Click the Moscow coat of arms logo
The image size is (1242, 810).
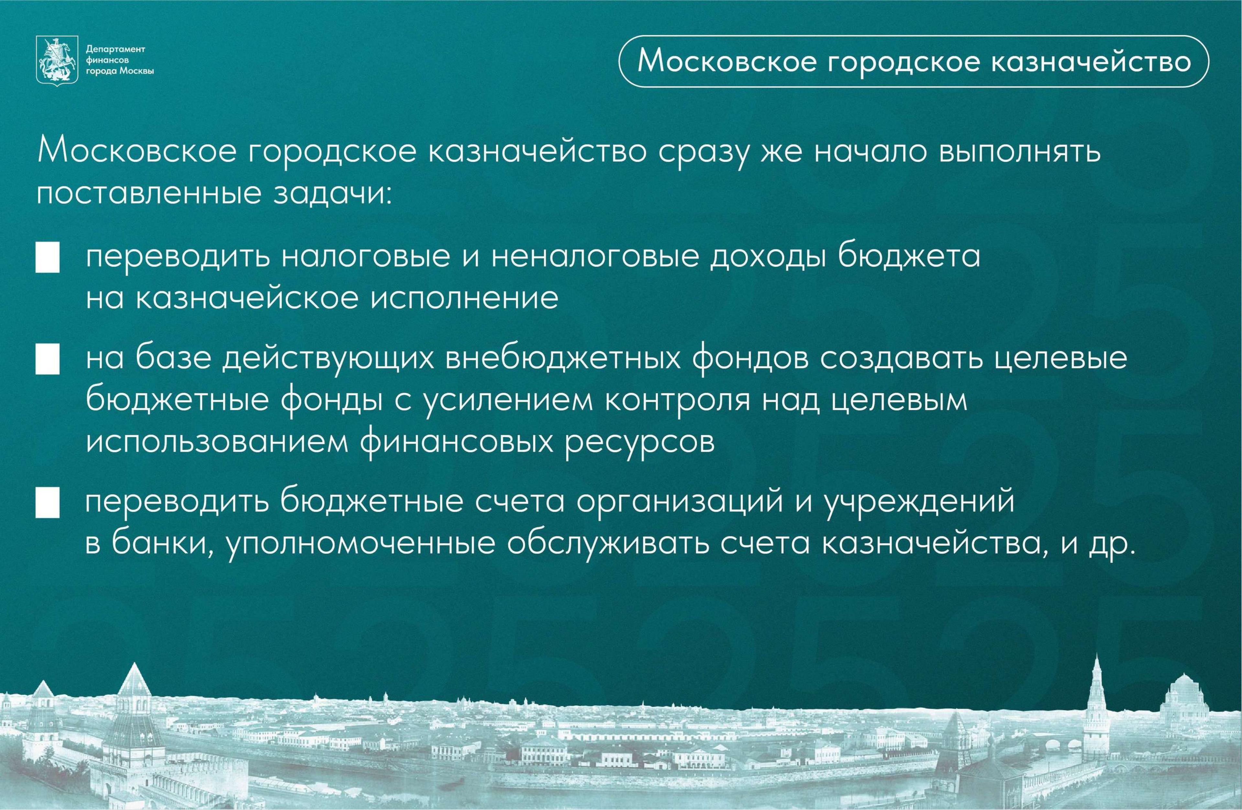(x=56, y=60)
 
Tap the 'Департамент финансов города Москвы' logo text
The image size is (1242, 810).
(x=119, y=60)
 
